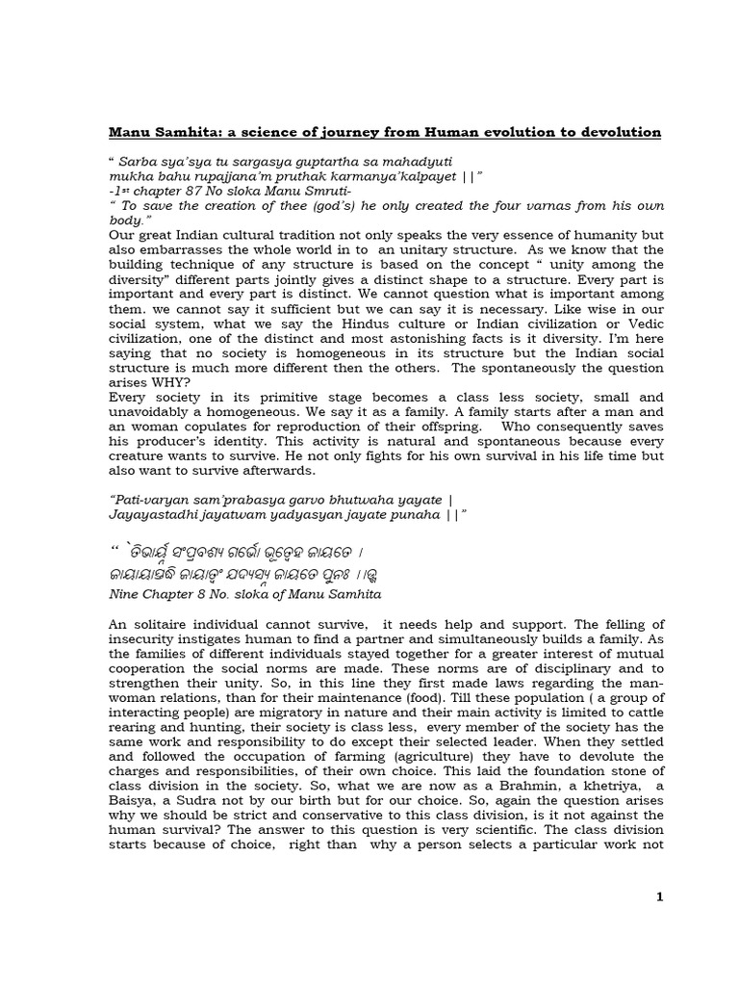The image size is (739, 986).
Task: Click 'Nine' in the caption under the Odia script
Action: [125, 596]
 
